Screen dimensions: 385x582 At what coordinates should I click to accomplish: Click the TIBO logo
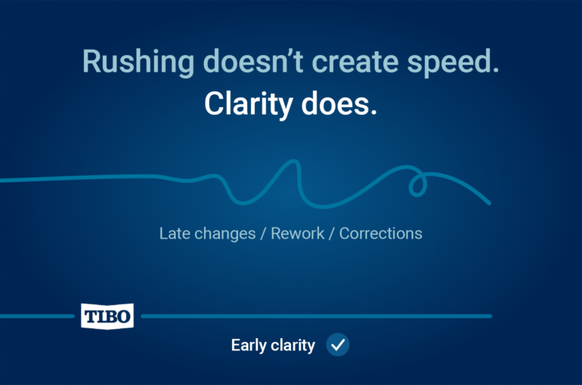107,316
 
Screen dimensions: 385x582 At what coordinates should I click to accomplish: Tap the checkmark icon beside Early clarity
338,346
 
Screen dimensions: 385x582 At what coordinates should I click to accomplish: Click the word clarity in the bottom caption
294,346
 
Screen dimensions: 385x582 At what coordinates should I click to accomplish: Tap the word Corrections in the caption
380,233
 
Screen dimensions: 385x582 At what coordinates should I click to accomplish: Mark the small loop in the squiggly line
417,183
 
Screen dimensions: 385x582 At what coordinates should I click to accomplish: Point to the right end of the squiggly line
489,203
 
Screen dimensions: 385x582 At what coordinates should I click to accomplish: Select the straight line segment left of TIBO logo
38,316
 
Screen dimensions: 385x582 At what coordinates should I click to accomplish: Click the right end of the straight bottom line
490,316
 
